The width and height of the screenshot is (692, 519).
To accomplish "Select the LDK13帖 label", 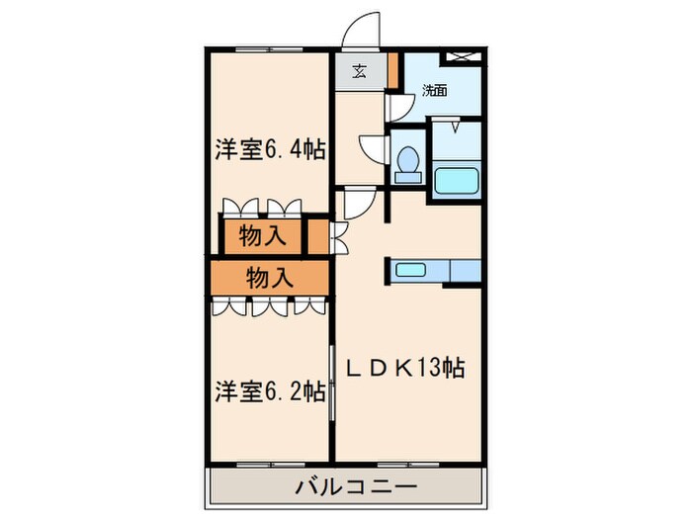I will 404,369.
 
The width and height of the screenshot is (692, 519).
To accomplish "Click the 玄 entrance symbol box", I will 359,71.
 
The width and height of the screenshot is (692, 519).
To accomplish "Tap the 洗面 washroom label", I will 435,90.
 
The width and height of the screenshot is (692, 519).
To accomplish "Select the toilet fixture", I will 405,165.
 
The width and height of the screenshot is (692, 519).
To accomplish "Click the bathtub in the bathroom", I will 457,182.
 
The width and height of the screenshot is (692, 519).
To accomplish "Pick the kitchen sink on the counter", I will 410,269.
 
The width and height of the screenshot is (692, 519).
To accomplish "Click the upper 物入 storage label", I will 262,237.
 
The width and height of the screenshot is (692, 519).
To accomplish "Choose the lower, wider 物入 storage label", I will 269,276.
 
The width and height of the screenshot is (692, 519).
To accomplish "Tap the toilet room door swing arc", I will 375,147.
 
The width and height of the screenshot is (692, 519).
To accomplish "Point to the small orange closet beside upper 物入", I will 316,238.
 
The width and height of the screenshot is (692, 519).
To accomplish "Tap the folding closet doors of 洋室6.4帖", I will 261,208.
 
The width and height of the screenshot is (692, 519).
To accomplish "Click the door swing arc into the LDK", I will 356,203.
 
